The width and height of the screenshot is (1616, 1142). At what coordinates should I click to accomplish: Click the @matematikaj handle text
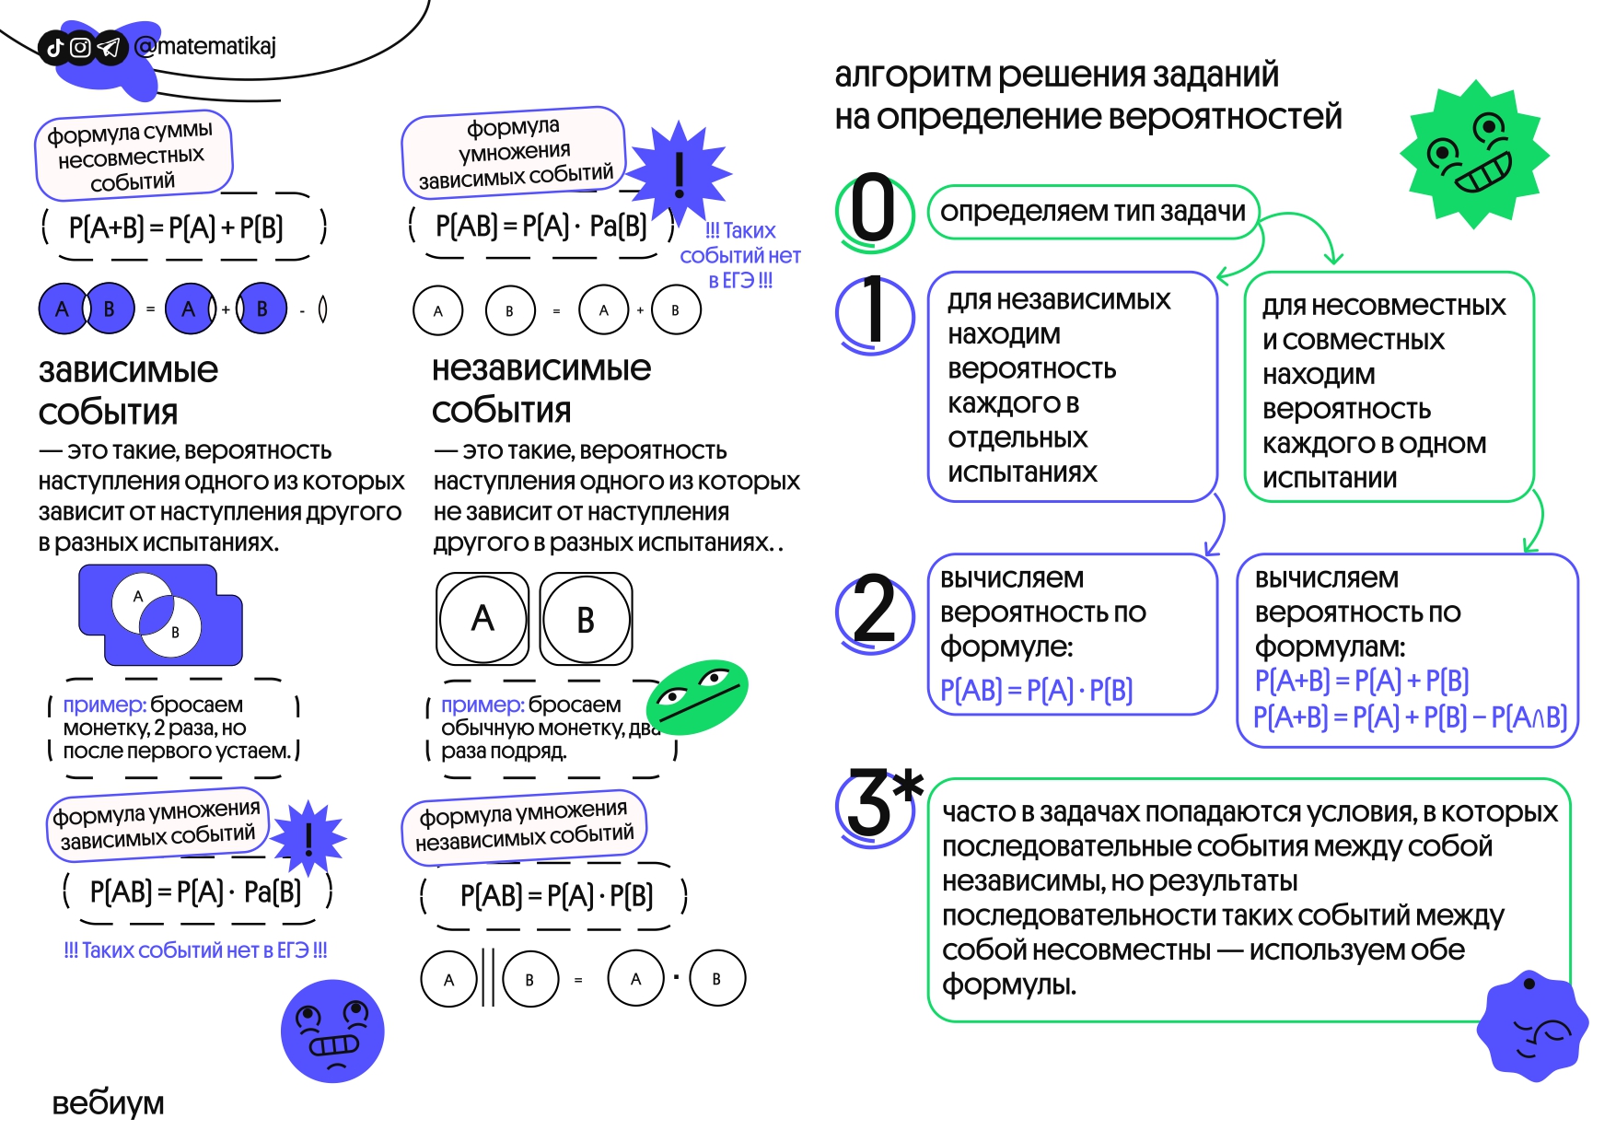205,46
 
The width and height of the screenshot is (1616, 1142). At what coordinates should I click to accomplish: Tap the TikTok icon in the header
54,48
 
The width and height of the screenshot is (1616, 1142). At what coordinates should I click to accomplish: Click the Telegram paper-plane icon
109,48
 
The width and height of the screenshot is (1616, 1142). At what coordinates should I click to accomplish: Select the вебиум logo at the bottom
108,1102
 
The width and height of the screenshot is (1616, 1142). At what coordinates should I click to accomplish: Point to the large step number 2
874,609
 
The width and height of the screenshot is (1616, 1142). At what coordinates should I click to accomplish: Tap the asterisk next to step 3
908,786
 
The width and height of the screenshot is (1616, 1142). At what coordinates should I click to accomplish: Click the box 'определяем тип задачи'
1092,212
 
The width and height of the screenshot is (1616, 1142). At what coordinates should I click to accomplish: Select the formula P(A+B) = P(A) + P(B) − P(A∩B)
1410,717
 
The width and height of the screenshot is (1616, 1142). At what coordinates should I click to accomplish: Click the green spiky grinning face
1473,154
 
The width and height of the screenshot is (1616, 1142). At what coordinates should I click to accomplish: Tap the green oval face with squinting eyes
697,696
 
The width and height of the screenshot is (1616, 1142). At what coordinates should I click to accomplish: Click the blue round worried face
332,1031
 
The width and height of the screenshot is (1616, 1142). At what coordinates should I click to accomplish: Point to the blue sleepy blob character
1531,1025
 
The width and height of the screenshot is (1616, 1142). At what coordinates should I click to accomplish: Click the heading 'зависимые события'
128,390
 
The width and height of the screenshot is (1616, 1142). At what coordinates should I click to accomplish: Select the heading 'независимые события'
541,389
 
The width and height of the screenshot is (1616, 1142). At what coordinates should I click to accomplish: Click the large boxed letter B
586,619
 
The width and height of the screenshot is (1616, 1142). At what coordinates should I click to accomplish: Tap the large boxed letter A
482,619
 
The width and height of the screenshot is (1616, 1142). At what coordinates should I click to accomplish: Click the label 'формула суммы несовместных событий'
133,157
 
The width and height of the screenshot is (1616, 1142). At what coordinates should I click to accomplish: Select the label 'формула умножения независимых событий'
524,826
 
